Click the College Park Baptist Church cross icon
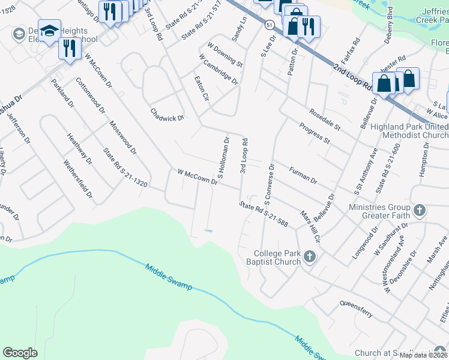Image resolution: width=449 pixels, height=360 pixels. (310, 257)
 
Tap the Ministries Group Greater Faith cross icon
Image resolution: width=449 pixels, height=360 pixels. (420, 211)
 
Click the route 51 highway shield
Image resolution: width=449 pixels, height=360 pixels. (271, 23)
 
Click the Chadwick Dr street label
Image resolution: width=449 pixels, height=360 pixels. (167, 115)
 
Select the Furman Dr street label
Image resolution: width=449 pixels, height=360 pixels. (303, 175)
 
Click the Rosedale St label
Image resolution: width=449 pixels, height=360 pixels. (325, 120)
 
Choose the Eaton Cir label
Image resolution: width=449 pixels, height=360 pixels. (201, 88)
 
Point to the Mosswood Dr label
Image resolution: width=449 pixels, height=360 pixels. (123, 137)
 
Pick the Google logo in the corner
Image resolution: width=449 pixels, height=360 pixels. (20, 353)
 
